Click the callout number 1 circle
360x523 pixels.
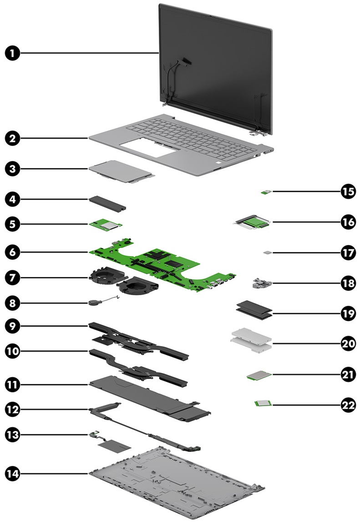(13, 53)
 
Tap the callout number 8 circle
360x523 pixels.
(13, 302)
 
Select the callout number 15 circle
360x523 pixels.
(348, 191)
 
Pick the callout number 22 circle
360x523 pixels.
(348, 403)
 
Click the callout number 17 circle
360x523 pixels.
(348, 251)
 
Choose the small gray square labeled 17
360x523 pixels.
(267, 251)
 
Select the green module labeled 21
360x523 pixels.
(259, 376)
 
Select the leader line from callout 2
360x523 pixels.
(55, 137)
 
